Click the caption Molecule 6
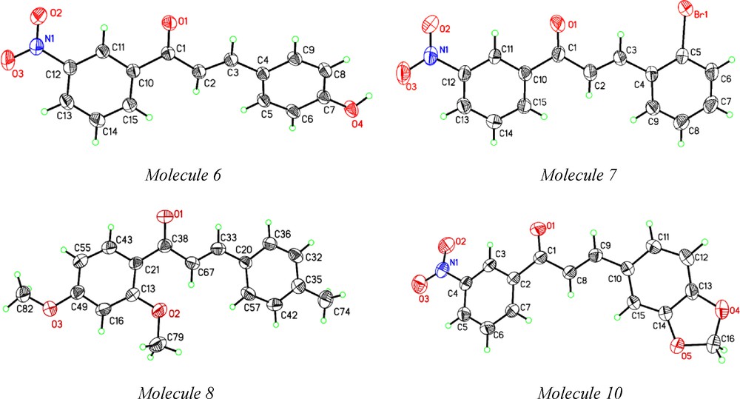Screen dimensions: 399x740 pos(183,175)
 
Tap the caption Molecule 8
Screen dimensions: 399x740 pos(183,390)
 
